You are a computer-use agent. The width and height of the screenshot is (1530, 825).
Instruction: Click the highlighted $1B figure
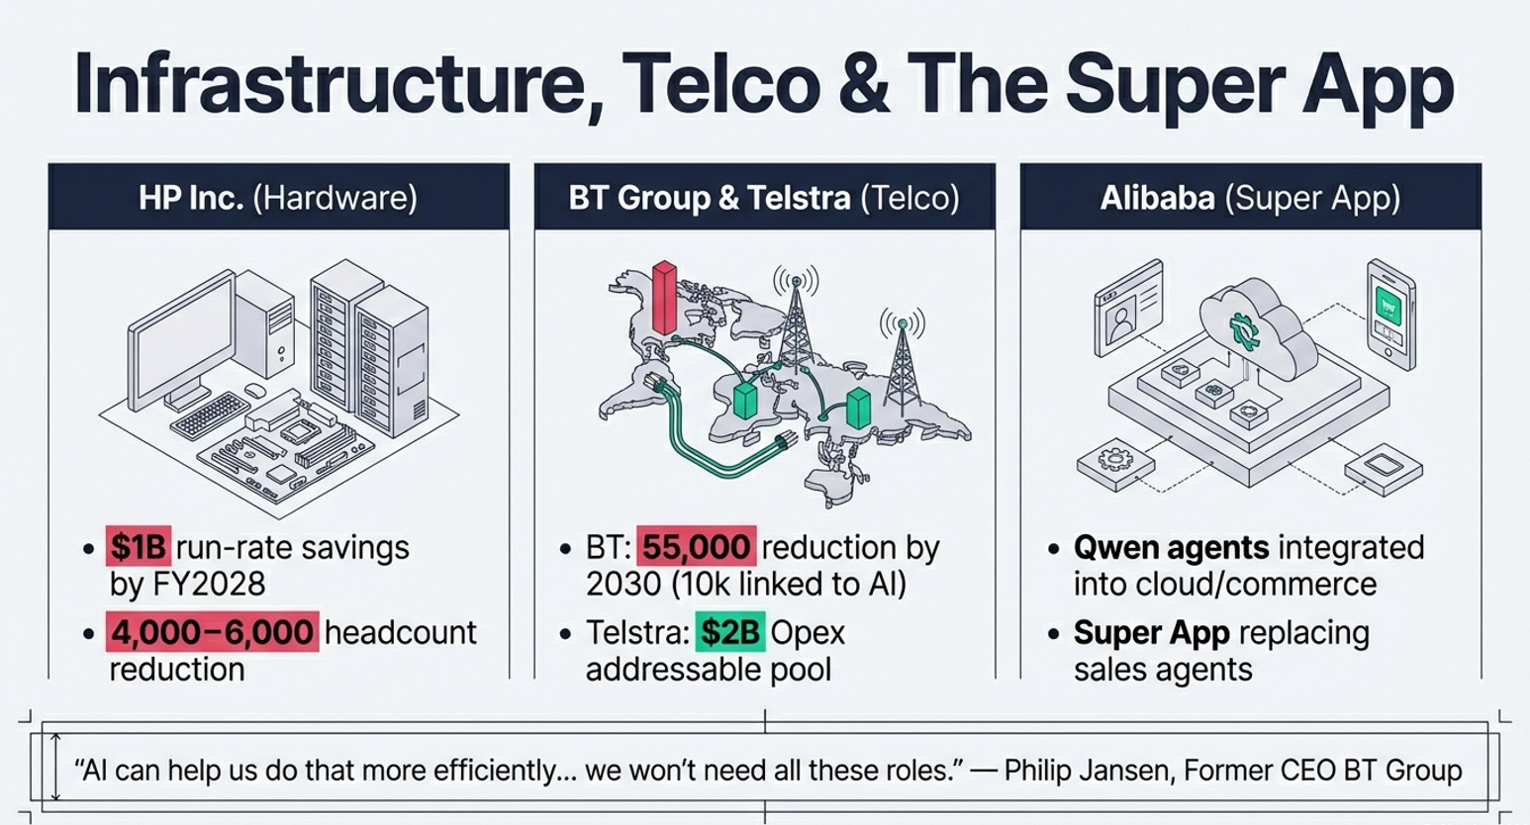[x=139, y=547]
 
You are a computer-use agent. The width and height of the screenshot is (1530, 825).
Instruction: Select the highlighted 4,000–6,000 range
[x=212, y=632]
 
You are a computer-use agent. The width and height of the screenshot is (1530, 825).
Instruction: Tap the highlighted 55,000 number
[x=695, y=547]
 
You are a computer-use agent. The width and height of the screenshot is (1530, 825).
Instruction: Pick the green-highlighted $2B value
[x=729, y=632]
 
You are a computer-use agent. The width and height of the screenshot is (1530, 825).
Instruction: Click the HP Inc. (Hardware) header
[x=278, y=198]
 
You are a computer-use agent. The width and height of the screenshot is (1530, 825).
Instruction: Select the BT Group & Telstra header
[x=764, y=198]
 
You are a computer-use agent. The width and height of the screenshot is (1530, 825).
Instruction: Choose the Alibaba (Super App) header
[x=1250, y=198]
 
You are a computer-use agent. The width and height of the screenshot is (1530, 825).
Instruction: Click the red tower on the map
[x=664, y=297]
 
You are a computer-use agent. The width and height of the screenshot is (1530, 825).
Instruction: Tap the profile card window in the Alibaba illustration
[x=1127, y=308]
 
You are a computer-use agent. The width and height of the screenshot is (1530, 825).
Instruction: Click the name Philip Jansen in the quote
[x=1085, y=770]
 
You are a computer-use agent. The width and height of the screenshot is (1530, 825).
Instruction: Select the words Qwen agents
[x=1171, y=547]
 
